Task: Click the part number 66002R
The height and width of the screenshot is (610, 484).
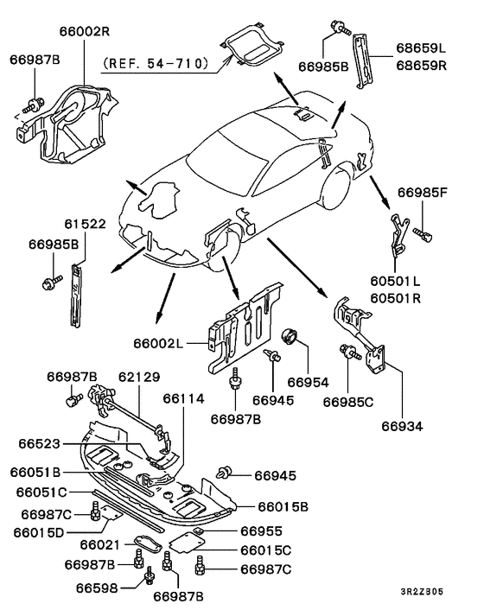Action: point(85,31)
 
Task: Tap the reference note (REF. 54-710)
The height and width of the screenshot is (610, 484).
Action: point(156,62)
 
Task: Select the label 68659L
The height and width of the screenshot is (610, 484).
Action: point(422,48)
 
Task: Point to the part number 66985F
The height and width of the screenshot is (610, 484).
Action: point(423,193)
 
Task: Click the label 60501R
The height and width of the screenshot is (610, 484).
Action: point(395,298)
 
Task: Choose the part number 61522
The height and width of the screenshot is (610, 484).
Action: point(86,224)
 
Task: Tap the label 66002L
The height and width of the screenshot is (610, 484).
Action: point(158,343)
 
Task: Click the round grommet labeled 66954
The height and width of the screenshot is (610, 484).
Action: point(290,335)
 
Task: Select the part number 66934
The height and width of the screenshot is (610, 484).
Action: point(402,426)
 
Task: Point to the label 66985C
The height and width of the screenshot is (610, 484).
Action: point(347,402)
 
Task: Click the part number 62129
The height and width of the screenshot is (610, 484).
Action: point(139,377)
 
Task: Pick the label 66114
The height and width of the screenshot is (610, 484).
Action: point(183,398)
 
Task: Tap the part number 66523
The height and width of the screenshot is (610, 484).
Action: point(39,443)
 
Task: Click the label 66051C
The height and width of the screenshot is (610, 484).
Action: point(41,492)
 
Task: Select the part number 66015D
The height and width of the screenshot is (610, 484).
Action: point(39,532)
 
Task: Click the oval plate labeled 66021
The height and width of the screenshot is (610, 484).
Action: point(148,543)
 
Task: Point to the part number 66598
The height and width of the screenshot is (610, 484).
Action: point(97,588)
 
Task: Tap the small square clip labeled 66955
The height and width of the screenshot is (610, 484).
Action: point(199,531)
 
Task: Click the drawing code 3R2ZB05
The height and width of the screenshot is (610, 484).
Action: point(422,592)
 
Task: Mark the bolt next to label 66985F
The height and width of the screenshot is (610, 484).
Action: point(423,234)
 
